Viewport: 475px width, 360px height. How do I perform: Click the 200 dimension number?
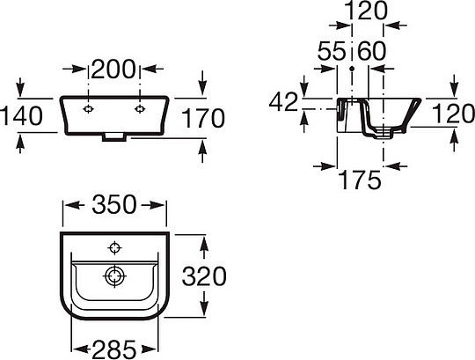113,69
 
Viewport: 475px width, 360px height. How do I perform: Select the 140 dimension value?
21,116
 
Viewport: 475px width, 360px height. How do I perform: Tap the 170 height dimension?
203,118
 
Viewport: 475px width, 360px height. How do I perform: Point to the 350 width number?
114,204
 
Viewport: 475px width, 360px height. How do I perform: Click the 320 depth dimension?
204,276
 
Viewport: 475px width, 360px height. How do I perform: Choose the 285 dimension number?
113,349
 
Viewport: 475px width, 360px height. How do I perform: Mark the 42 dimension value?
283,102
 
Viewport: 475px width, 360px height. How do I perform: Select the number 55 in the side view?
332,50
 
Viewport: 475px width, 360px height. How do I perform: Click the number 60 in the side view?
372,50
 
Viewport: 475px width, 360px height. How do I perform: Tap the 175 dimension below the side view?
360,180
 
